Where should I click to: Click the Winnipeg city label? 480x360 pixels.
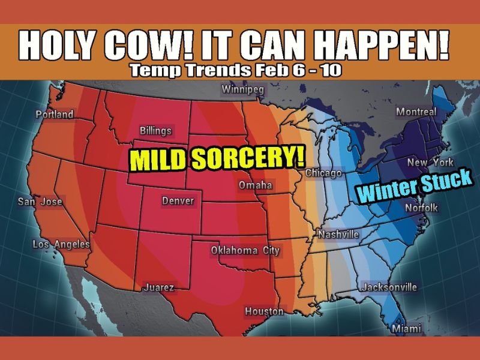pyautogui.click(x=242, y=91)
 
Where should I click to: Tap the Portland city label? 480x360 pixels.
pyautogui.click(x=54, y=114)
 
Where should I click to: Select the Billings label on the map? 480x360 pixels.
pyautogui.click(x=155, y=130)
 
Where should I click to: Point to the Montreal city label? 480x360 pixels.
pyautogui.click(x=416, y=112)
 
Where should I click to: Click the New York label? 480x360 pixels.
pyautogui.click(x=430, y=163)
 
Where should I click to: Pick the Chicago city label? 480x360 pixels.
pyautogui.click(x=323, y=173)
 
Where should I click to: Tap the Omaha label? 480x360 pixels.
pyautogui.click(x=256, y=185)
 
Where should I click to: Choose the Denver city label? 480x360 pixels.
pyautogui.click(x=178, y=200)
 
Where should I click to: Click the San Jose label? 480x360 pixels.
pyautogui.click(x=40, y=202)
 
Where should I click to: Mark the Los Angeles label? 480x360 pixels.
pyautogui.click(x=61, y=244)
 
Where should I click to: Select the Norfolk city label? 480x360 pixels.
pyautogui.click(x=422, y=208)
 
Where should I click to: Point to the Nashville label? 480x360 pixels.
pyautogui.click(x=338, y=234)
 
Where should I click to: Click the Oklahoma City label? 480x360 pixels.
pyautogui.click(x=245, y=250)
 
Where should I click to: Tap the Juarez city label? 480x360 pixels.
pyautogui.click(x=158, y=289)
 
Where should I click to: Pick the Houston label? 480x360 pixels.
pyautogui.click(x=264, y=311)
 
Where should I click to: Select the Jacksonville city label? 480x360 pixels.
pyautogui.click(x=389, y=287)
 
